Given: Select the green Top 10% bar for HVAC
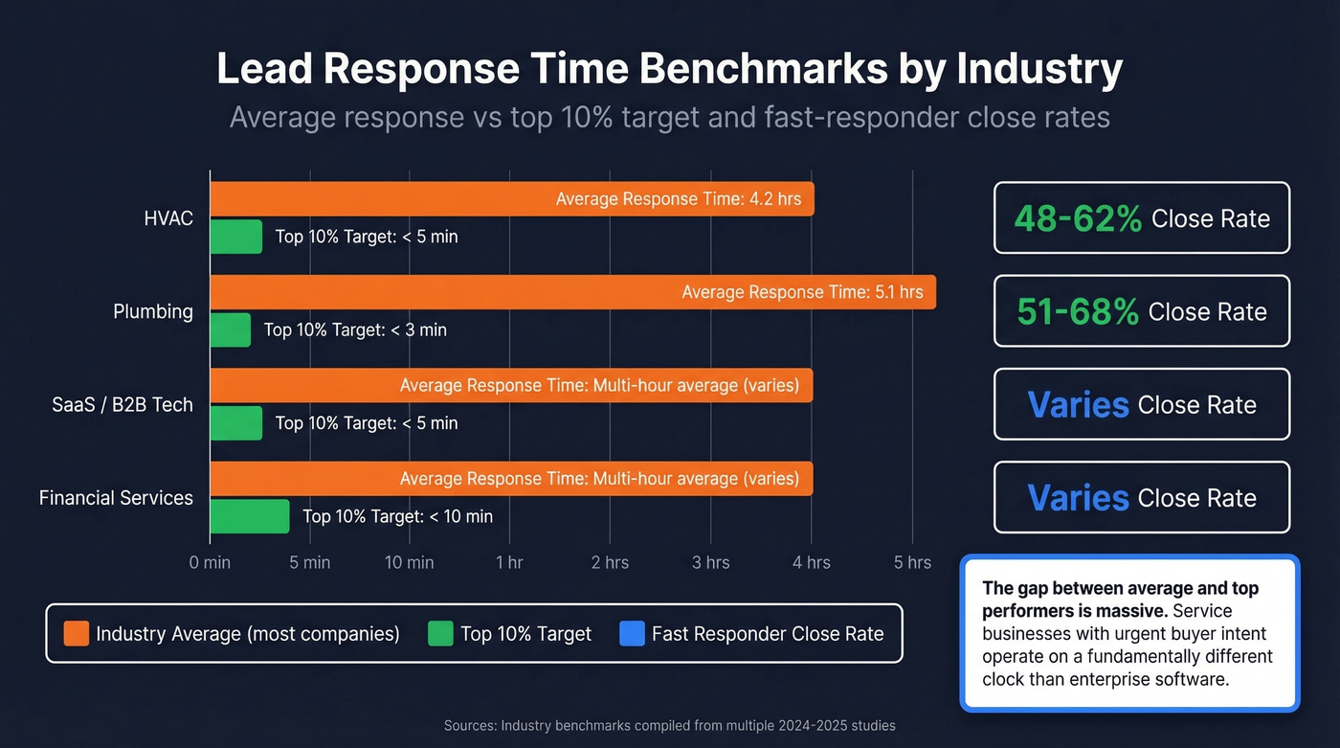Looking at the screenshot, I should pyautogui.click(x=235, y=237).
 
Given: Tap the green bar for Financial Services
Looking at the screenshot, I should pyautogui.click(x=249, y=516).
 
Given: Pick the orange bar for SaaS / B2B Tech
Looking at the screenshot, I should pyautogui.click(x=306, y=385).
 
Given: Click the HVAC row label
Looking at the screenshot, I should pyautogui.click(x=168, y=218).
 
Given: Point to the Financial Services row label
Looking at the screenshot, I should pyautogui.click(x=116, y=498).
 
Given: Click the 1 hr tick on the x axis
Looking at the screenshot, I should pyautogui.click(x=509, y=562).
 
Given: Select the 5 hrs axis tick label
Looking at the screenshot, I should pyautogui.click(x=911, y=562).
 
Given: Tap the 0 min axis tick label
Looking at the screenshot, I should pyautogui.click(x=210, y=562).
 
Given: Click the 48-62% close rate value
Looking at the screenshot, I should pyautogui.click(x=1078, y=218).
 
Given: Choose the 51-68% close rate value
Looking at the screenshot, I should pyautogui.click(x=1077, y=311).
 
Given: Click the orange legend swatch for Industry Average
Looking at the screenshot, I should pyautogui.click(x=77, y=633).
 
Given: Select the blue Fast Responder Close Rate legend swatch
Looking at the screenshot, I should pyautogui.click(x=632, y=633).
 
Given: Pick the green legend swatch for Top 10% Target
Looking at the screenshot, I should pyautogui.click(x=440, y=633).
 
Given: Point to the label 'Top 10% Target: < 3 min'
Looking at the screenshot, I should pyautogui.click(x=355, y=329).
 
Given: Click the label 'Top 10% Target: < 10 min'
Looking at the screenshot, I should pyautogui.click(x=397, y=516).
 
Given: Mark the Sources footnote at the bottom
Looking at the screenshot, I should pyautogui.click(x=670, y=725).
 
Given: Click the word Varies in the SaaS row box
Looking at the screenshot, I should pyautogui.click(x=1078, y=404).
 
